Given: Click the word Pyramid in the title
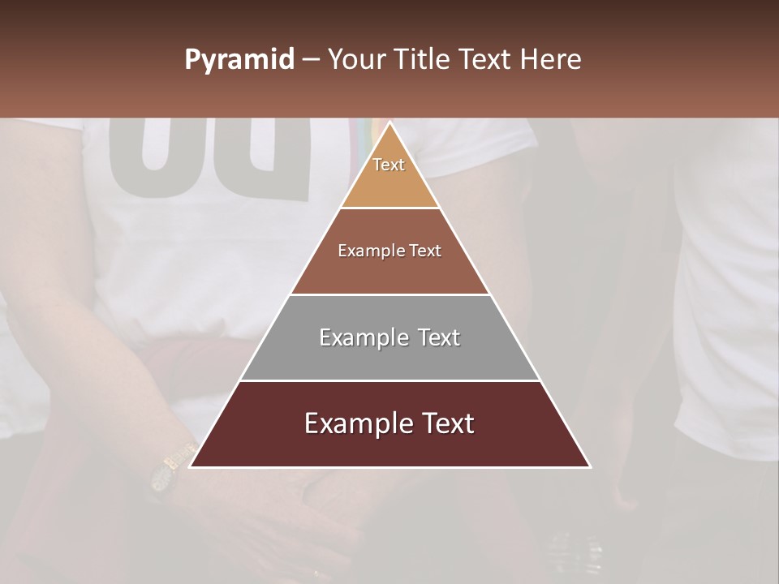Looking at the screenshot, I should (x=239, y=60).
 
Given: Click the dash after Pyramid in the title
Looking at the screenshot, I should (x=311, y=60).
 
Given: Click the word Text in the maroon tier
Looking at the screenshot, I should (x=441, y=423).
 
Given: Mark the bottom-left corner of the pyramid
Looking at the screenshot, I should (x=191, y=466).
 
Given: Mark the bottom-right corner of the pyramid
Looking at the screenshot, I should (x=590, y=466).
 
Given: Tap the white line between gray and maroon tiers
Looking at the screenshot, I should (x=389, y=380).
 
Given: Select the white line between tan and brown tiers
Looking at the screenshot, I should (x=389, y=208).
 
